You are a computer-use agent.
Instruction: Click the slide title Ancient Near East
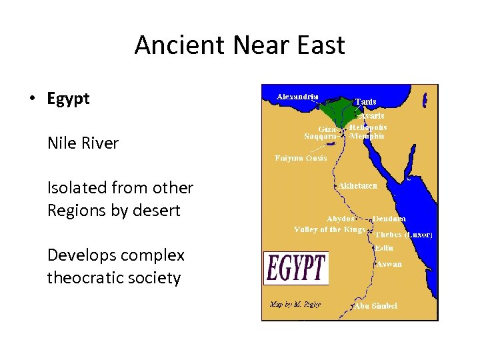(x=239, y=45)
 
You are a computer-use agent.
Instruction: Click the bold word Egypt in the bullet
(x=68, y=99)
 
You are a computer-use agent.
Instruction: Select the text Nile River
(x=83, y=143)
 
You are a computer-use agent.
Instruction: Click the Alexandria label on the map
(x=297, y=97)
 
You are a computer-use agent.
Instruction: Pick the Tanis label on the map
(x=365, y=101)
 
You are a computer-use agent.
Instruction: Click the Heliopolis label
(x=368, y=127)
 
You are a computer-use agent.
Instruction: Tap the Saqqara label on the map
(x=320, y=137)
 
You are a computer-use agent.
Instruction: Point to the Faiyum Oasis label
(x=301, y=158)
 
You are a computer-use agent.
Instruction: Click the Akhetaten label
(x=357, y=186)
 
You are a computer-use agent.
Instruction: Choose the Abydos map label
(x=341, y=219)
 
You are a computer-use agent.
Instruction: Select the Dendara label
(x=389, y=219)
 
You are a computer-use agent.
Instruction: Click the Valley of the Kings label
(x=330, y=229)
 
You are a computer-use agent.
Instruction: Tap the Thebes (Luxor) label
(x=403, y=235)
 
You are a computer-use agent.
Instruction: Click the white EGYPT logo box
(x=296, y=267)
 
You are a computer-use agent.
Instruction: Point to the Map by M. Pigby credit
(x=295, y=304)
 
